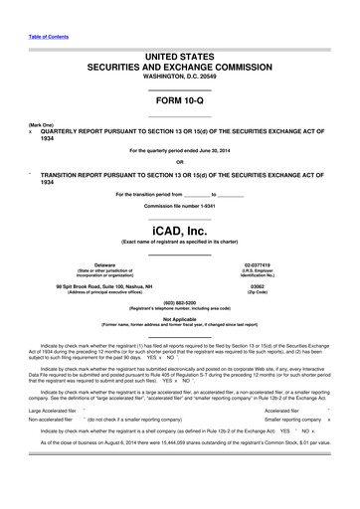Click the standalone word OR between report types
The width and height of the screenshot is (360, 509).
tap(179, 162)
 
